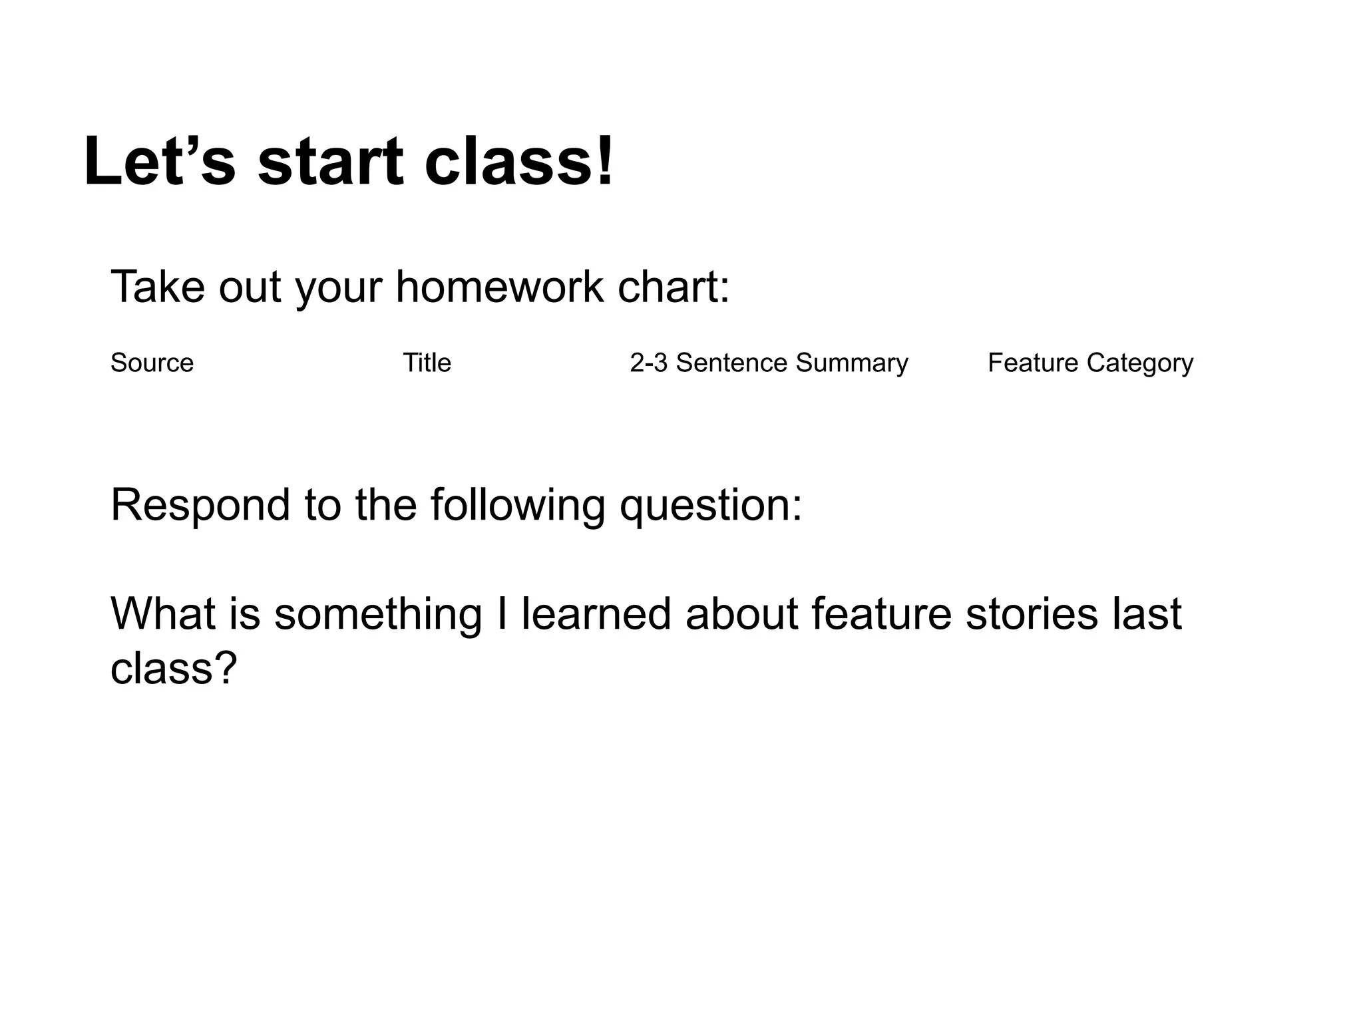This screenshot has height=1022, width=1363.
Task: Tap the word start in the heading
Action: (x=331, y=162)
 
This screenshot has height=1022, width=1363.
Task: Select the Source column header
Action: (x=152, y=363)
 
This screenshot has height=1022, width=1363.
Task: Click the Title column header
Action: (x=427, y=363)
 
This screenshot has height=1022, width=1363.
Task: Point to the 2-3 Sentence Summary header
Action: (x=769, y=363)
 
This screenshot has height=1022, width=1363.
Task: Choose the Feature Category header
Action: (x=1090, y=363)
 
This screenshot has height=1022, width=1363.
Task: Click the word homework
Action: (x=499, y=287)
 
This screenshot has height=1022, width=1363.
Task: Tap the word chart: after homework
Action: (x=674, y=287)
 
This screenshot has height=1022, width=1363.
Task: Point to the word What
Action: (x=163, y=613)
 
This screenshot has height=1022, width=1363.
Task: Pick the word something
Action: (x=378, y=615)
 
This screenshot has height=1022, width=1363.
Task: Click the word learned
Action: (x=596, y=613)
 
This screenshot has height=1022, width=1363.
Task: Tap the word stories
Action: (x=1031, y=613)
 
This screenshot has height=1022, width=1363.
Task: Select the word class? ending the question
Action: (x=174, y=669)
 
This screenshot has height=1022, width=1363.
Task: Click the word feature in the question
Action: (x=881, y=613)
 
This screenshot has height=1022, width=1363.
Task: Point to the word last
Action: (x=1146, y=613)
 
